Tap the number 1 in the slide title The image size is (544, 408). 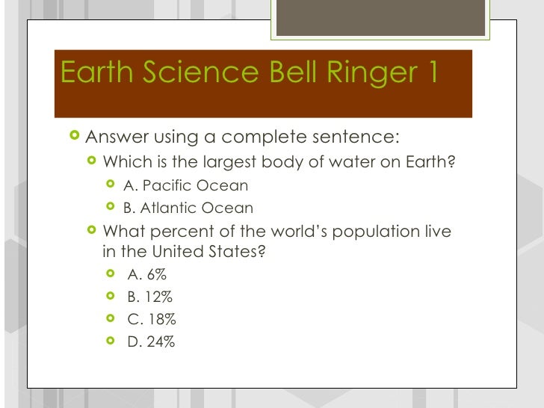pyautogui.click(x=428, y=73)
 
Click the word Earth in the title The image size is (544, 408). pyautogui.click(x=95, y=73)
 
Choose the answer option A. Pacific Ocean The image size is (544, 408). pyautogui.click(x=185, y=185)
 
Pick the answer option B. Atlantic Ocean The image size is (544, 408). pyautogui.click(x=188, y=208)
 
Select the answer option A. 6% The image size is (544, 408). pyautogui.click(x=147, y=274)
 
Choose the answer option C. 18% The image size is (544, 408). pyautogui.click(x=152, y=319)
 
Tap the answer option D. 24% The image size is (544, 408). pyautogui.click(x=152, y=343)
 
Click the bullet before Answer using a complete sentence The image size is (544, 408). pyautogui.click(x=73, y=137)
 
